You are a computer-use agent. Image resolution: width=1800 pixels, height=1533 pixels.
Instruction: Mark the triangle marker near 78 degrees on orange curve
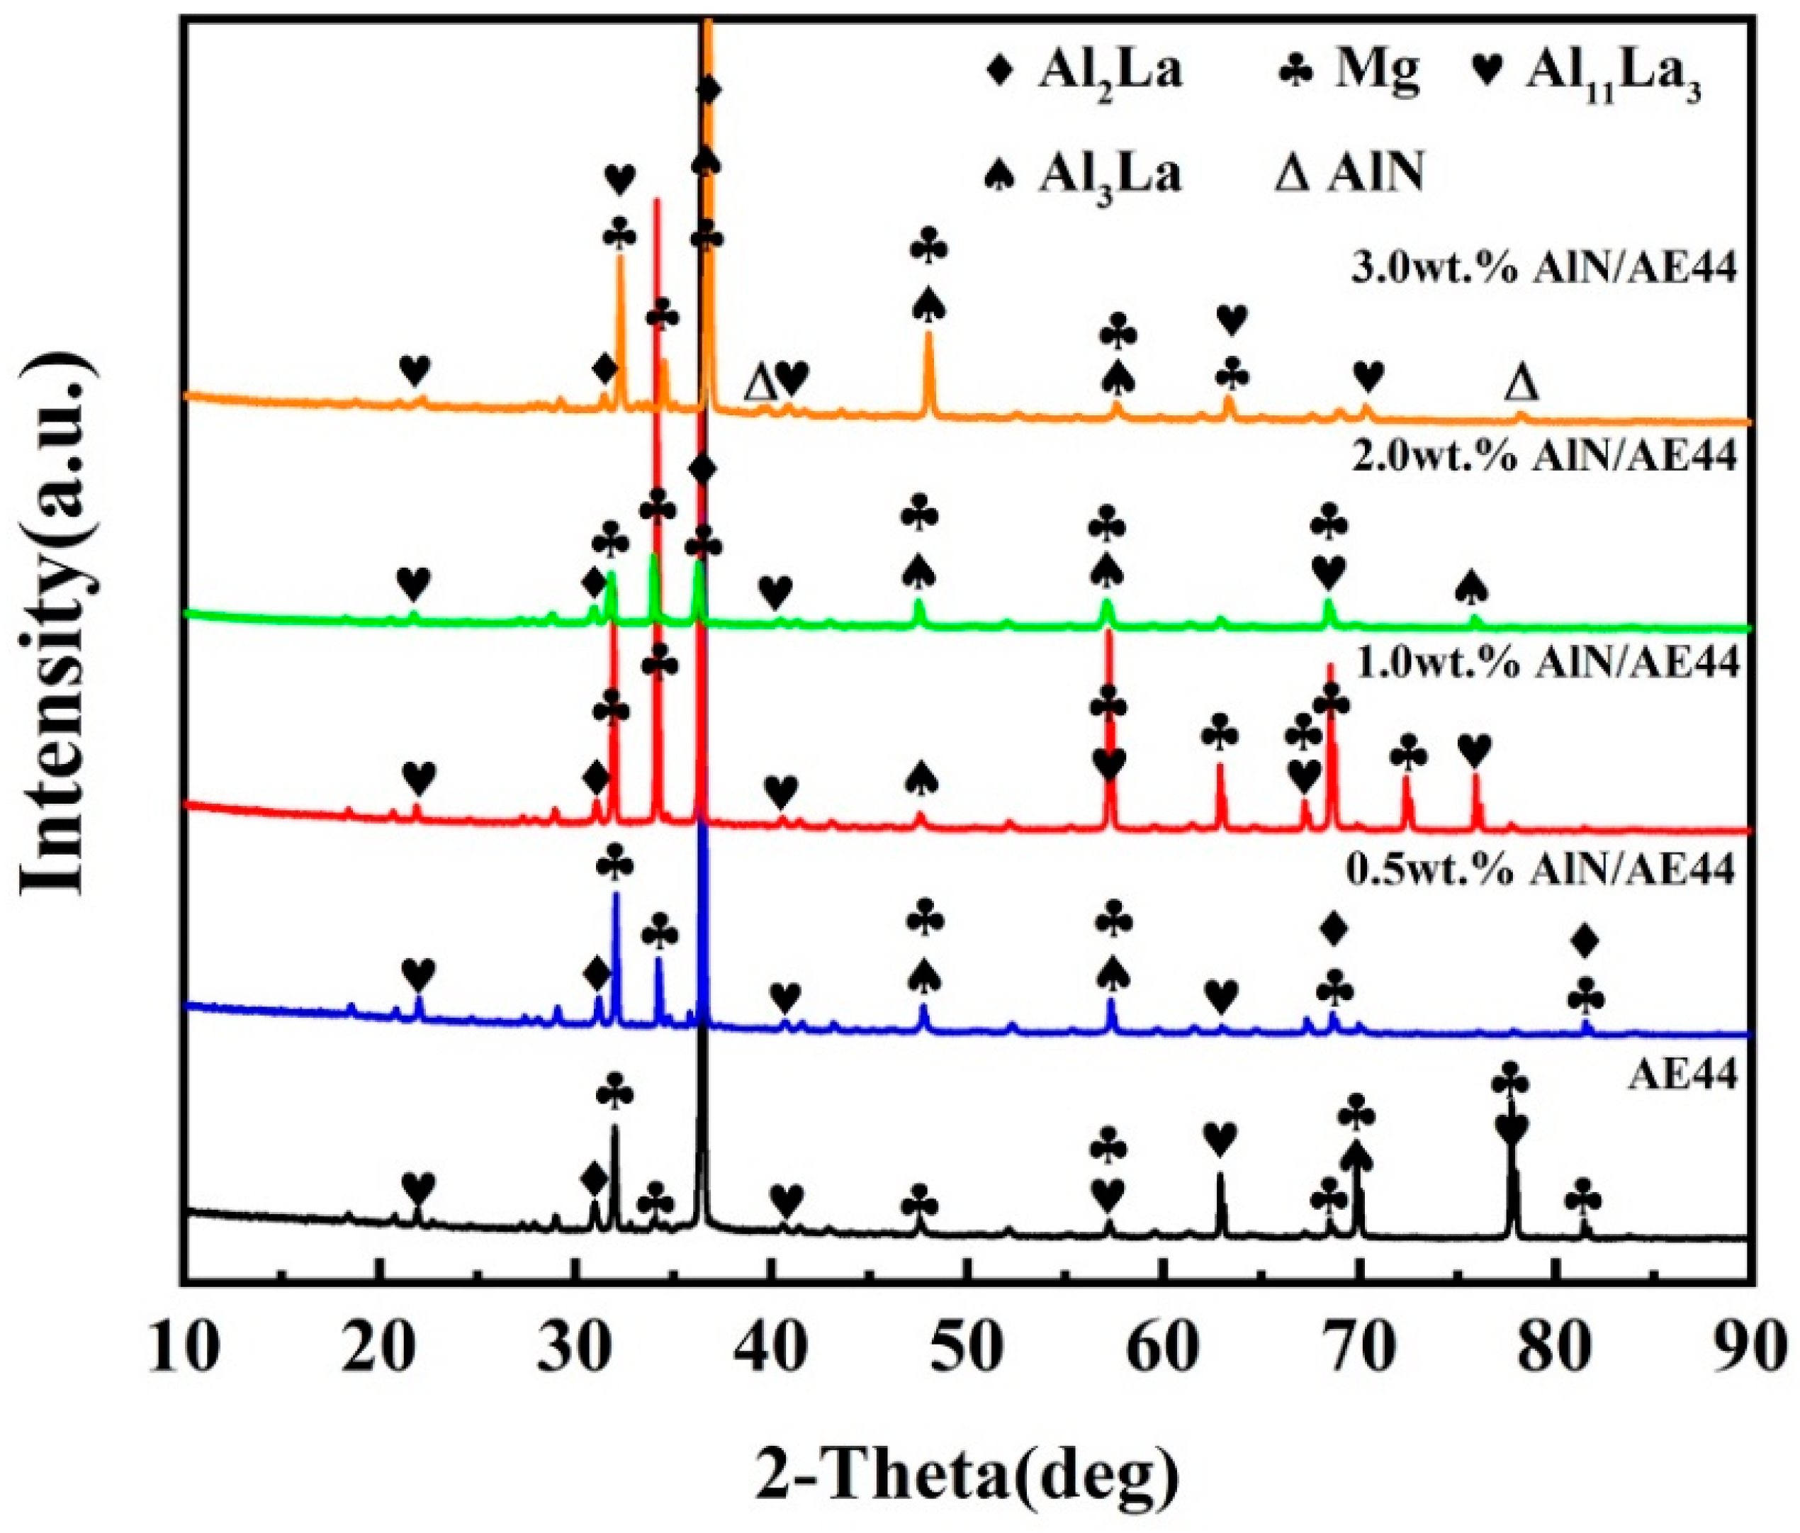pyautogui.click(x=1521, y=383)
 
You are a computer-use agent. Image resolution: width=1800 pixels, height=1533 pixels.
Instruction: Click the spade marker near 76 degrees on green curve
pyautogui.click(x=1470, y=588)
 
